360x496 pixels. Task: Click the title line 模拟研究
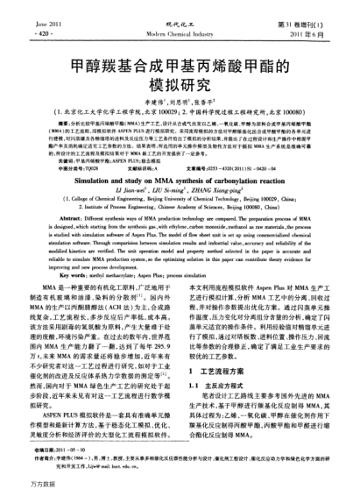(180, 83)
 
